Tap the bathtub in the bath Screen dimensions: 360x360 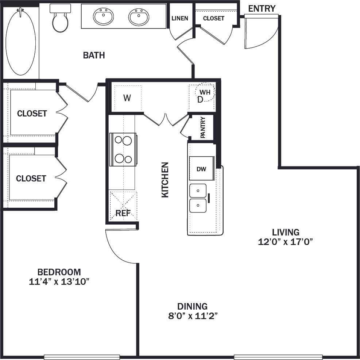point(21,42)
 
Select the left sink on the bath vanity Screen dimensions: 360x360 point(104,16)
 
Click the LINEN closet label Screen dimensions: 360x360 point(180,18)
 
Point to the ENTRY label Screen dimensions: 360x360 point(262,8)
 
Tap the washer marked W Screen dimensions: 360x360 point(127,98)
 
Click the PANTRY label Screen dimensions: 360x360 point(203,127)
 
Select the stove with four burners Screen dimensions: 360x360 point(123,149)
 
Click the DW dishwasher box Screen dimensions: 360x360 point(201,169)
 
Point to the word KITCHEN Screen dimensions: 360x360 point(165,180)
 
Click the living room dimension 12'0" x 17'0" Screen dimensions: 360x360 point(286,241)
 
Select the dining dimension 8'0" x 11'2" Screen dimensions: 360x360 point(193,315)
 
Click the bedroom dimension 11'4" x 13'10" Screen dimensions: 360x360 point(59,282)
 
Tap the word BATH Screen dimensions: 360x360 point(94,55)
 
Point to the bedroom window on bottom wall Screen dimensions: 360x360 point(82,357)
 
